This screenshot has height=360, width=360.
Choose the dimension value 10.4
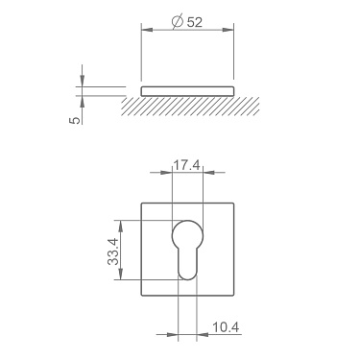225,328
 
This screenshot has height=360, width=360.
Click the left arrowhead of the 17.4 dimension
175,174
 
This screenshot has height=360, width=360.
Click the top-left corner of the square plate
143,203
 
